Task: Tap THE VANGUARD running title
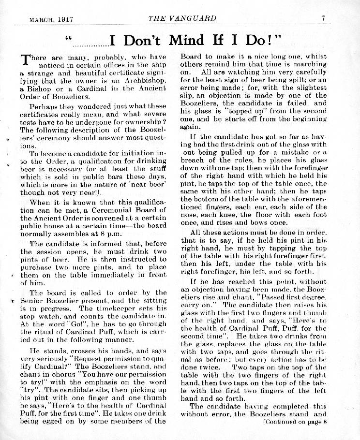[182, 19]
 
